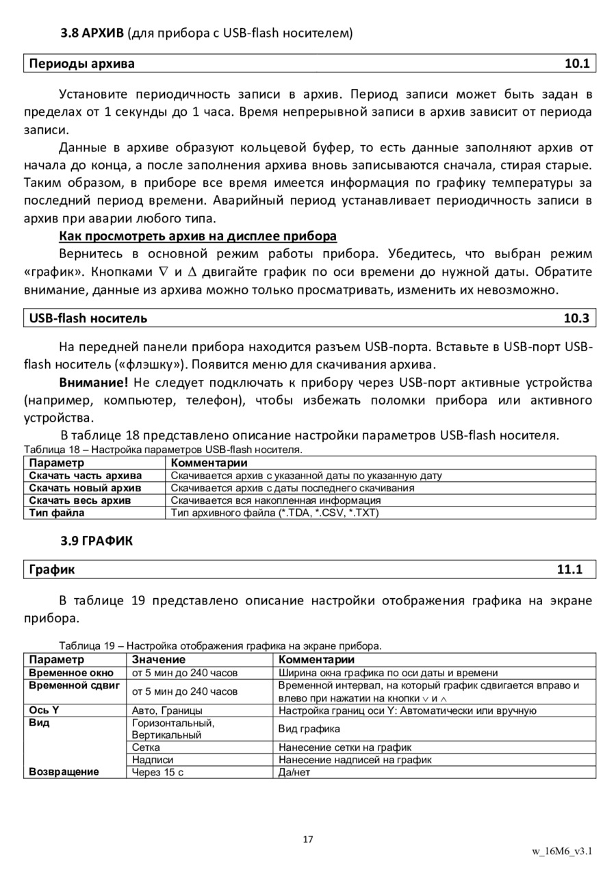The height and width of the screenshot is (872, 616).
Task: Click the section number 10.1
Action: (x=576, y=64)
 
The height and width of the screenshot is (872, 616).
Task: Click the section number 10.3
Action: (x=576, y=318)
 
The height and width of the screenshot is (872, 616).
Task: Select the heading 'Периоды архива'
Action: (x=81, y=64)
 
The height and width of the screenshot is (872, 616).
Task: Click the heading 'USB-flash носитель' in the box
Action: (x=88, y=318)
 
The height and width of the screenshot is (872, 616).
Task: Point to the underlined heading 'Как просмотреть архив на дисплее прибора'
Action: (x=198, y=236)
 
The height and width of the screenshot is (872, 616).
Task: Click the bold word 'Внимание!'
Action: (x=94, y=382)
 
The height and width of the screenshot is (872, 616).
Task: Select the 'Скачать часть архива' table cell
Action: (x=86, y=475)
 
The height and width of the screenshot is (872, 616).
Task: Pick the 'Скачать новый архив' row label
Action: (x=85, y=488)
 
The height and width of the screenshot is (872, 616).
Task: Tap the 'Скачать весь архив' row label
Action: (x=79, y=500)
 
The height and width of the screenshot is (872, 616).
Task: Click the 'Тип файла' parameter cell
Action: (x=57, y=513)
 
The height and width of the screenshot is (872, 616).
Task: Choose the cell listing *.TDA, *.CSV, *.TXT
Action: (x=274, y=513)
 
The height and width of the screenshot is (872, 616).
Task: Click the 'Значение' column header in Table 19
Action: (x=159, y=660)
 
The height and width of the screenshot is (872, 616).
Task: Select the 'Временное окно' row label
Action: (x=71, y=673)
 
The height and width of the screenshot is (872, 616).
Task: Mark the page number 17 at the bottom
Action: (x=307, y=839)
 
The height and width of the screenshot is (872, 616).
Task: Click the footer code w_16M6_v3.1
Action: (x=562, y=851)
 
